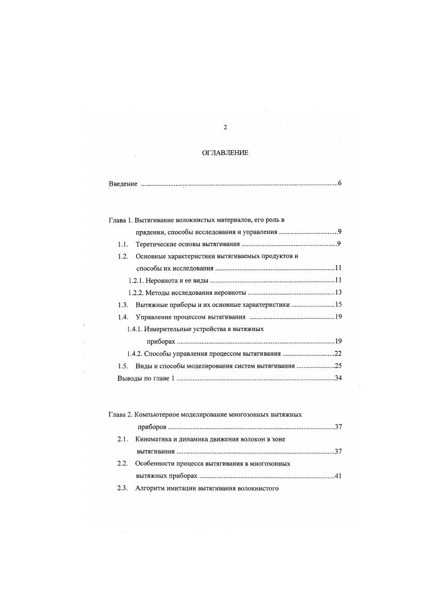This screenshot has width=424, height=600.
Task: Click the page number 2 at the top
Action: [225, 127]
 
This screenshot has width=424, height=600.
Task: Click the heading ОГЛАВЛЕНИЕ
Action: [225, 153]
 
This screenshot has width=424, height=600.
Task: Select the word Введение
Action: [123, 184]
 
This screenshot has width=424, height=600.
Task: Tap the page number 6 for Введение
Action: [339, 184]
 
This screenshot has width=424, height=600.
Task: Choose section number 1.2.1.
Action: [137, 280]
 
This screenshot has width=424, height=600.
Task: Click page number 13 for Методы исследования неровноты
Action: [338, 293]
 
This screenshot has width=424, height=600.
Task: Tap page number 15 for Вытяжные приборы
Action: [338, 305]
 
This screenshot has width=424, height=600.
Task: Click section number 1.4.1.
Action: [136, 329]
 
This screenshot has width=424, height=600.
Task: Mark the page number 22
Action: [338, 354]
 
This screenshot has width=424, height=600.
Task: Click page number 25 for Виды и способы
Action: [338, 366]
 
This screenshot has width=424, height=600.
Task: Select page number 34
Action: [338, 378]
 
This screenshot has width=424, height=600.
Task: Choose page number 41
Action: [338, 476]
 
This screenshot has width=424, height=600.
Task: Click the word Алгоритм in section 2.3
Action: [152, 488]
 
